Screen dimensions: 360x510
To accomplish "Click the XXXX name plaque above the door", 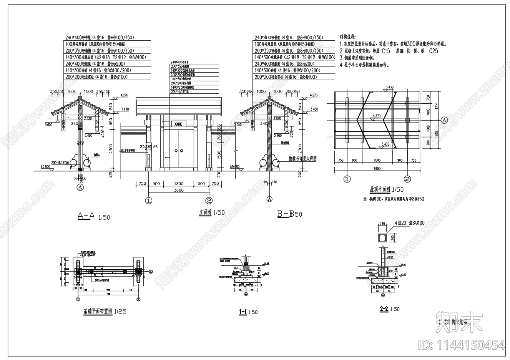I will [178, 124].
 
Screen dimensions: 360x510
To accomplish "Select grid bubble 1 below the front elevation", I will [149, 200].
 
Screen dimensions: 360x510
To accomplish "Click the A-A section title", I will [86, 216].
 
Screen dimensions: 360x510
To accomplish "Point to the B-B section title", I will [286, 214].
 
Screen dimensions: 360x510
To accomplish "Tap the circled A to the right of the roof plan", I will [444, 120].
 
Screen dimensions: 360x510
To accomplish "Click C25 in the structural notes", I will [433, 51].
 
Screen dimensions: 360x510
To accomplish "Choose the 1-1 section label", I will [243, 312].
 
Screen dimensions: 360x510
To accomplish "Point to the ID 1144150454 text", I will [461, 345].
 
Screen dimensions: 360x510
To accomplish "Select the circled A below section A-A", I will [80, 187].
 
